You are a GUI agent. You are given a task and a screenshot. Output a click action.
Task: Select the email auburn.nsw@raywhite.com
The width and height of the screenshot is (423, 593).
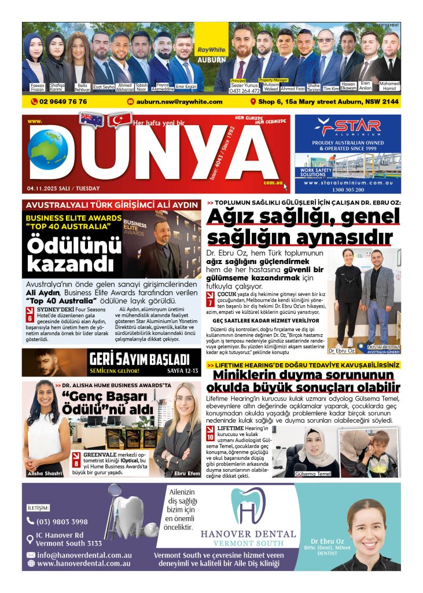point(179,101)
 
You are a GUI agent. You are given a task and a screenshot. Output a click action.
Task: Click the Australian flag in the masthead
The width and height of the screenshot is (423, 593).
point(91,120)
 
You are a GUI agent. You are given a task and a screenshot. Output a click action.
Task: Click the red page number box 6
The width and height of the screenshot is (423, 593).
point(30,317)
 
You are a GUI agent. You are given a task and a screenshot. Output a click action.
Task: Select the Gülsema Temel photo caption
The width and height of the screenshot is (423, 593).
point(313,474)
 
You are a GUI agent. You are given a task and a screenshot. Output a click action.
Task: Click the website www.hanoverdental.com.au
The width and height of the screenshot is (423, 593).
point(83,563)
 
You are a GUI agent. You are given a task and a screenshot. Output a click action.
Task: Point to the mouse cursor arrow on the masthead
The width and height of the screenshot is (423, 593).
point(285,186)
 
